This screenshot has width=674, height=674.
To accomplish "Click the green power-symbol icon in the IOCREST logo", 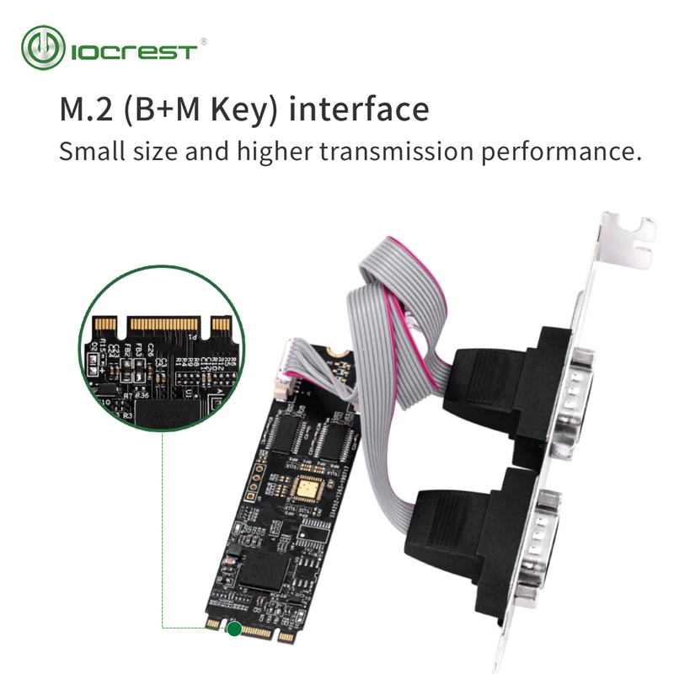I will (43, 47).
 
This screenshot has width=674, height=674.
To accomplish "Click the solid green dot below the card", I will (233, 628).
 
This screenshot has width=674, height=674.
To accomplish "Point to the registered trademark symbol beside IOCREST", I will (203, 40).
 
